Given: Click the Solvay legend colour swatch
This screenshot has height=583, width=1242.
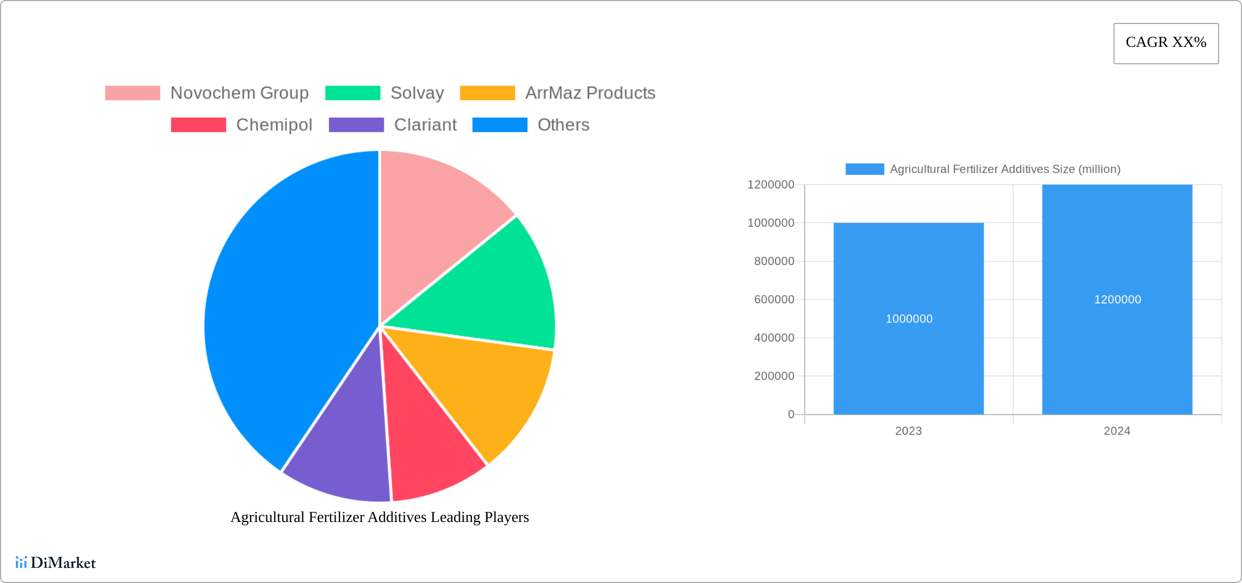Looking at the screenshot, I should [x=352, y=93].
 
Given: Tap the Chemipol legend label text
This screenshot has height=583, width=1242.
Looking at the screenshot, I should [x=274, y=125].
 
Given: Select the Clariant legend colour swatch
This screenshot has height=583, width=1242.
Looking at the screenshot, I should [x=356, y=125].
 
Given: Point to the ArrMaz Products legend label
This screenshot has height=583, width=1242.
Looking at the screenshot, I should [x=590, y=93].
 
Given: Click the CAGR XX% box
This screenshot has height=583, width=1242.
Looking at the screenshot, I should [x=1166, y=43].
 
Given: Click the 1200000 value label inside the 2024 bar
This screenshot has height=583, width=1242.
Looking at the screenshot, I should [x=1117, y=299].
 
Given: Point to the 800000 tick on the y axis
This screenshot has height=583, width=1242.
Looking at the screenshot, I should [x=774, y=261].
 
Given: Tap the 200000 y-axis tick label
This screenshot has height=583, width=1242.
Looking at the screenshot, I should [x=774, y=376].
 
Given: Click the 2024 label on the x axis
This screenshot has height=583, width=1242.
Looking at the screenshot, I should [x=1117, y=431].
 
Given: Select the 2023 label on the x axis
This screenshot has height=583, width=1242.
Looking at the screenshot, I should [x=909, y=431].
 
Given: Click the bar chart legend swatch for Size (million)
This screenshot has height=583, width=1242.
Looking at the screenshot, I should [x=864, y=169].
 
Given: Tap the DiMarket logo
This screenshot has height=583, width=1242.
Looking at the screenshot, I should [x=56, y=562].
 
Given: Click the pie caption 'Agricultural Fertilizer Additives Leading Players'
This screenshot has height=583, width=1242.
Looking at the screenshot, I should [x=380, y=517].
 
